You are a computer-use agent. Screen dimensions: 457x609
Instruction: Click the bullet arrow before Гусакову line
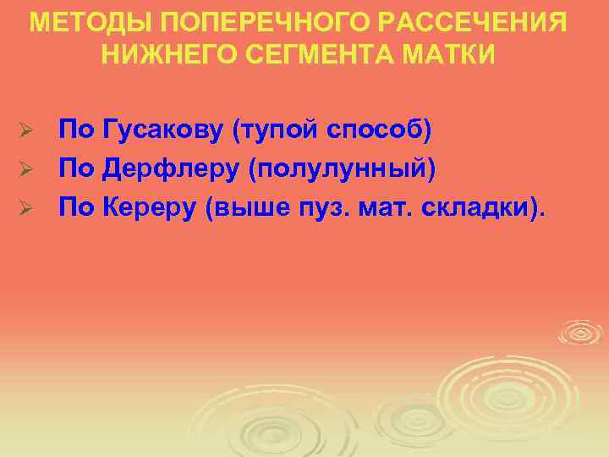26,132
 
